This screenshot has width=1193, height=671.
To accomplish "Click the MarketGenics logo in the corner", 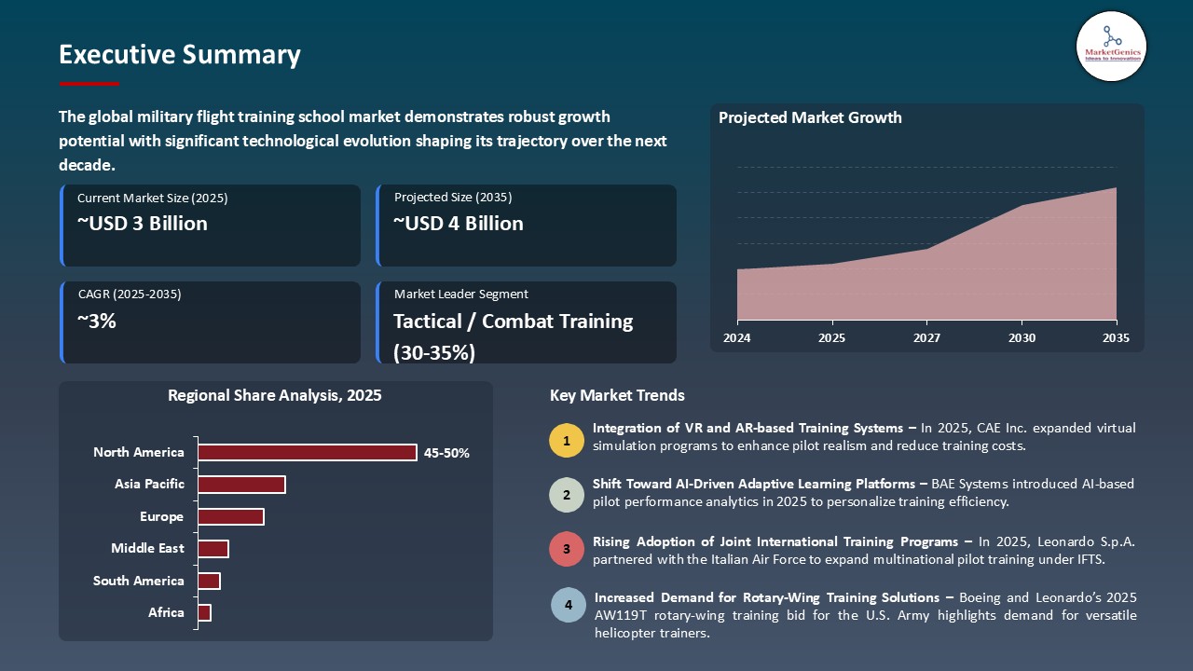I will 1111,46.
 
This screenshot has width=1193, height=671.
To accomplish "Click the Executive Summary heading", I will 179,55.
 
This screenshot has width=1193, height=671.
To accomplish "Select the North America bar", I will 308,452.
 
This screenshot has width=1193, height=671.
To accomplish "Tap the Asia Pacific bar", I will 241,485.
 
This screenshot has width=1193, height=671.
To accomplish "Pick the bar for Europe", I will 231,516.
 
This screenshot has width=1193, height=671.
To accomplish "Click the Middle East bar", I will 213,549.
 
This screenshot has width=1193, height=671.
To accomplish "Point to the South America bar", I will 209,581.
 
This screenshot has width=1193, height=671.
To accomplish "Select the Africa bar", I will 204,612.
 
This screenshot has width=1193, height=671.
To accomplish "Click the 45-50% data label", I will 446,453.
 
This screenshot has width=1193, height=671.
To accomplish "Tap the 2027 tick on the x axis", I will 926,338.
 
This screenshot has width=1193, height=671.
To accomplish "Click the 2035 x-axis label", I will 1116,338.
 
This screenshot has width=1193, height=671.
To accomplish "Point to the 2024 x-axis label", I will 737,338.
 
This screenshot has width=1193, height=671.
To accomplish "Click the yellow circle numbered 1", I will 567,441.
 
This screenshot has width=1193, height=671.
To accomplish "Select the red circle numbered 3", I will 567,550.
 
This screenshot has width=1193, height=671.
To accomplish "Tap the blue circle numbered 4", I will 568,606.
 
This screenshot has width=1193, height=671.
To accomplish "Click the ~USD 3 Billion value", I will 143,224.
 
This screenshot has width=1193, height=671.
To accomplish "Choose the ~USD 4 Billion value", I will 459,224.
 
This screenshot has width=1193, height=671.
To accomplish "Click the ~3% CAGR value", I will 97,322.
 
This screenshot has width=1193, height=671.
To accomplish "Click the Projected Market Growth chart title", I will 810,117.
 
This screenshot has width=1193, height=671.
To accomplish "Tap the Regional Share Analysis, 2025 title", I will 275,395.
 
